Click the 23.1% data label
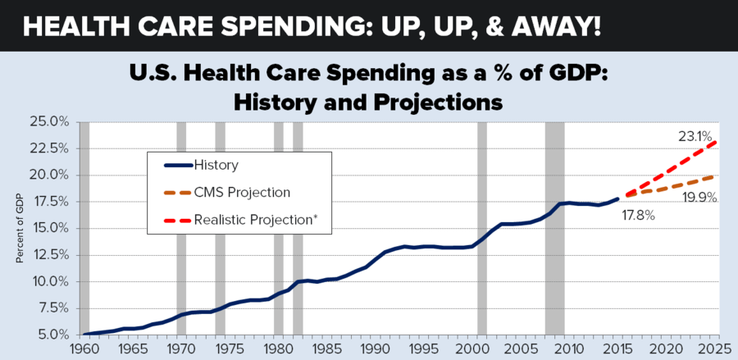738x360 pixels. point(695,136)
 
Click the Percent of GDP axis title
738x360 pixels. point(19,230)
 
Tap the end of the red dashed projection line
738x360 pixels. point(718,141)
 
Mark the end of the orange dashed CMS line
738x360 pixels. point(718,175)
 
